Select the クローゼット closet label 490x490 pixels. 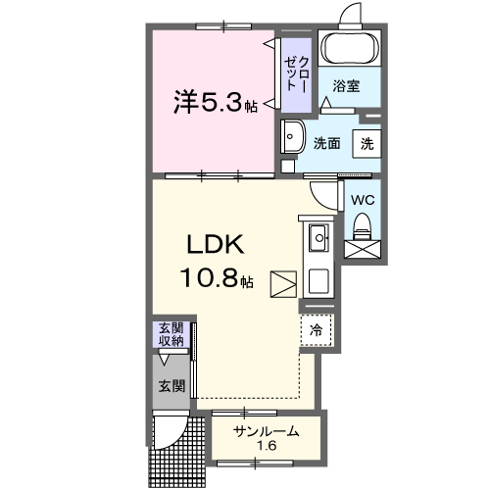(x=295, y=74)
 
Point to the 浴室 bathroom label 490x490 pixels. (x=345, y=86)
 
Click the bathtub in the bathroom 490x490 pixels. (x=350, y=46)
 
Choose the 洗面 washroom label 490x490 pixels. (x=326, y=142)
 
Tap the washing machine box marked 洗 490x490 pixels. (x=366, y=142)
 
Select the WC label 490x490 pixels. (x=363, y=199)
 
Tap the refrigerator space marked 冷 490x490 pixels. (x=316, y=330)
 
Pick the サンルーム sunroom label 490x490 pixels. (x=266, y=432)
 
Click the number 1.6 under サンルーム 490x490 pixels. (x=267, y=447)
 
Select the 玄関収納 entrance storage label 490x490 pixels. (x=172, y=335)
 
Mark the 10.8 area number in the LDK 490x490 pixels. (x=209, y=279)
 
